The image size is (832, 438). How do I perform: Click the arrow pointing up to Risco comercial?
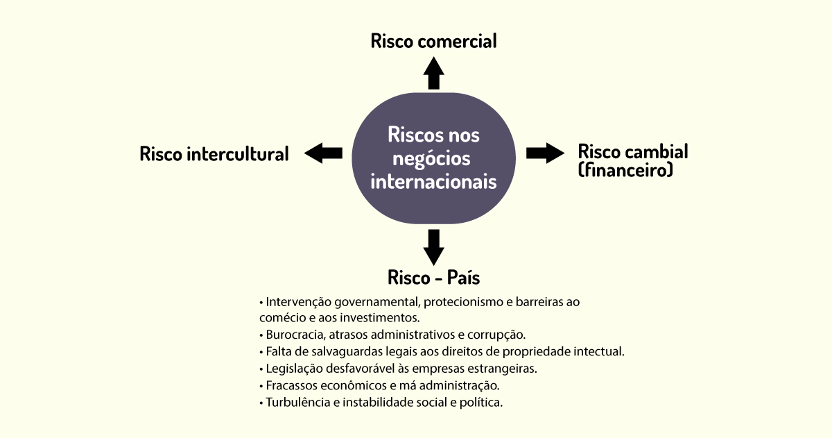point(433,74)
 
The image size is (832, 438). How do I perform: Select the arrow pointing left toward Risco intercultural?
point(323,153)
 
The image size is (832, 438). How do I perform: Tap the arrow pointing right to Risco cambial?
point(545,153)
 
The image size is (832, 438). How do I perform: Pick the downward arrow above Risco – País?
point(433,247)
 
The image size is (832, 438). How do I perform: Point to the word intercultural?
point(237,154)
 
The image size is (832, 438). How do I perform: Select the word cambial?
point(657,152)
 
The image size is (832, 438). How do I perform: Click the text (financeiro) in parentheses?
point(625,170)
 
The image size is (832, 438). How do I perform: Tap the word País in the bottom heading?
point(463,278)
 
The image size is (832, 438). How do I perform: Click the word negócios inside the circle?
point(431,159)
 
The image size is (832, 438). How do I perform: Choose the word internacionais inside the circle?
point(433,182)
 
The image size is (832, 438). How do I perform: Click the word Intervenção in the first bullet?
point(298,302)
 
